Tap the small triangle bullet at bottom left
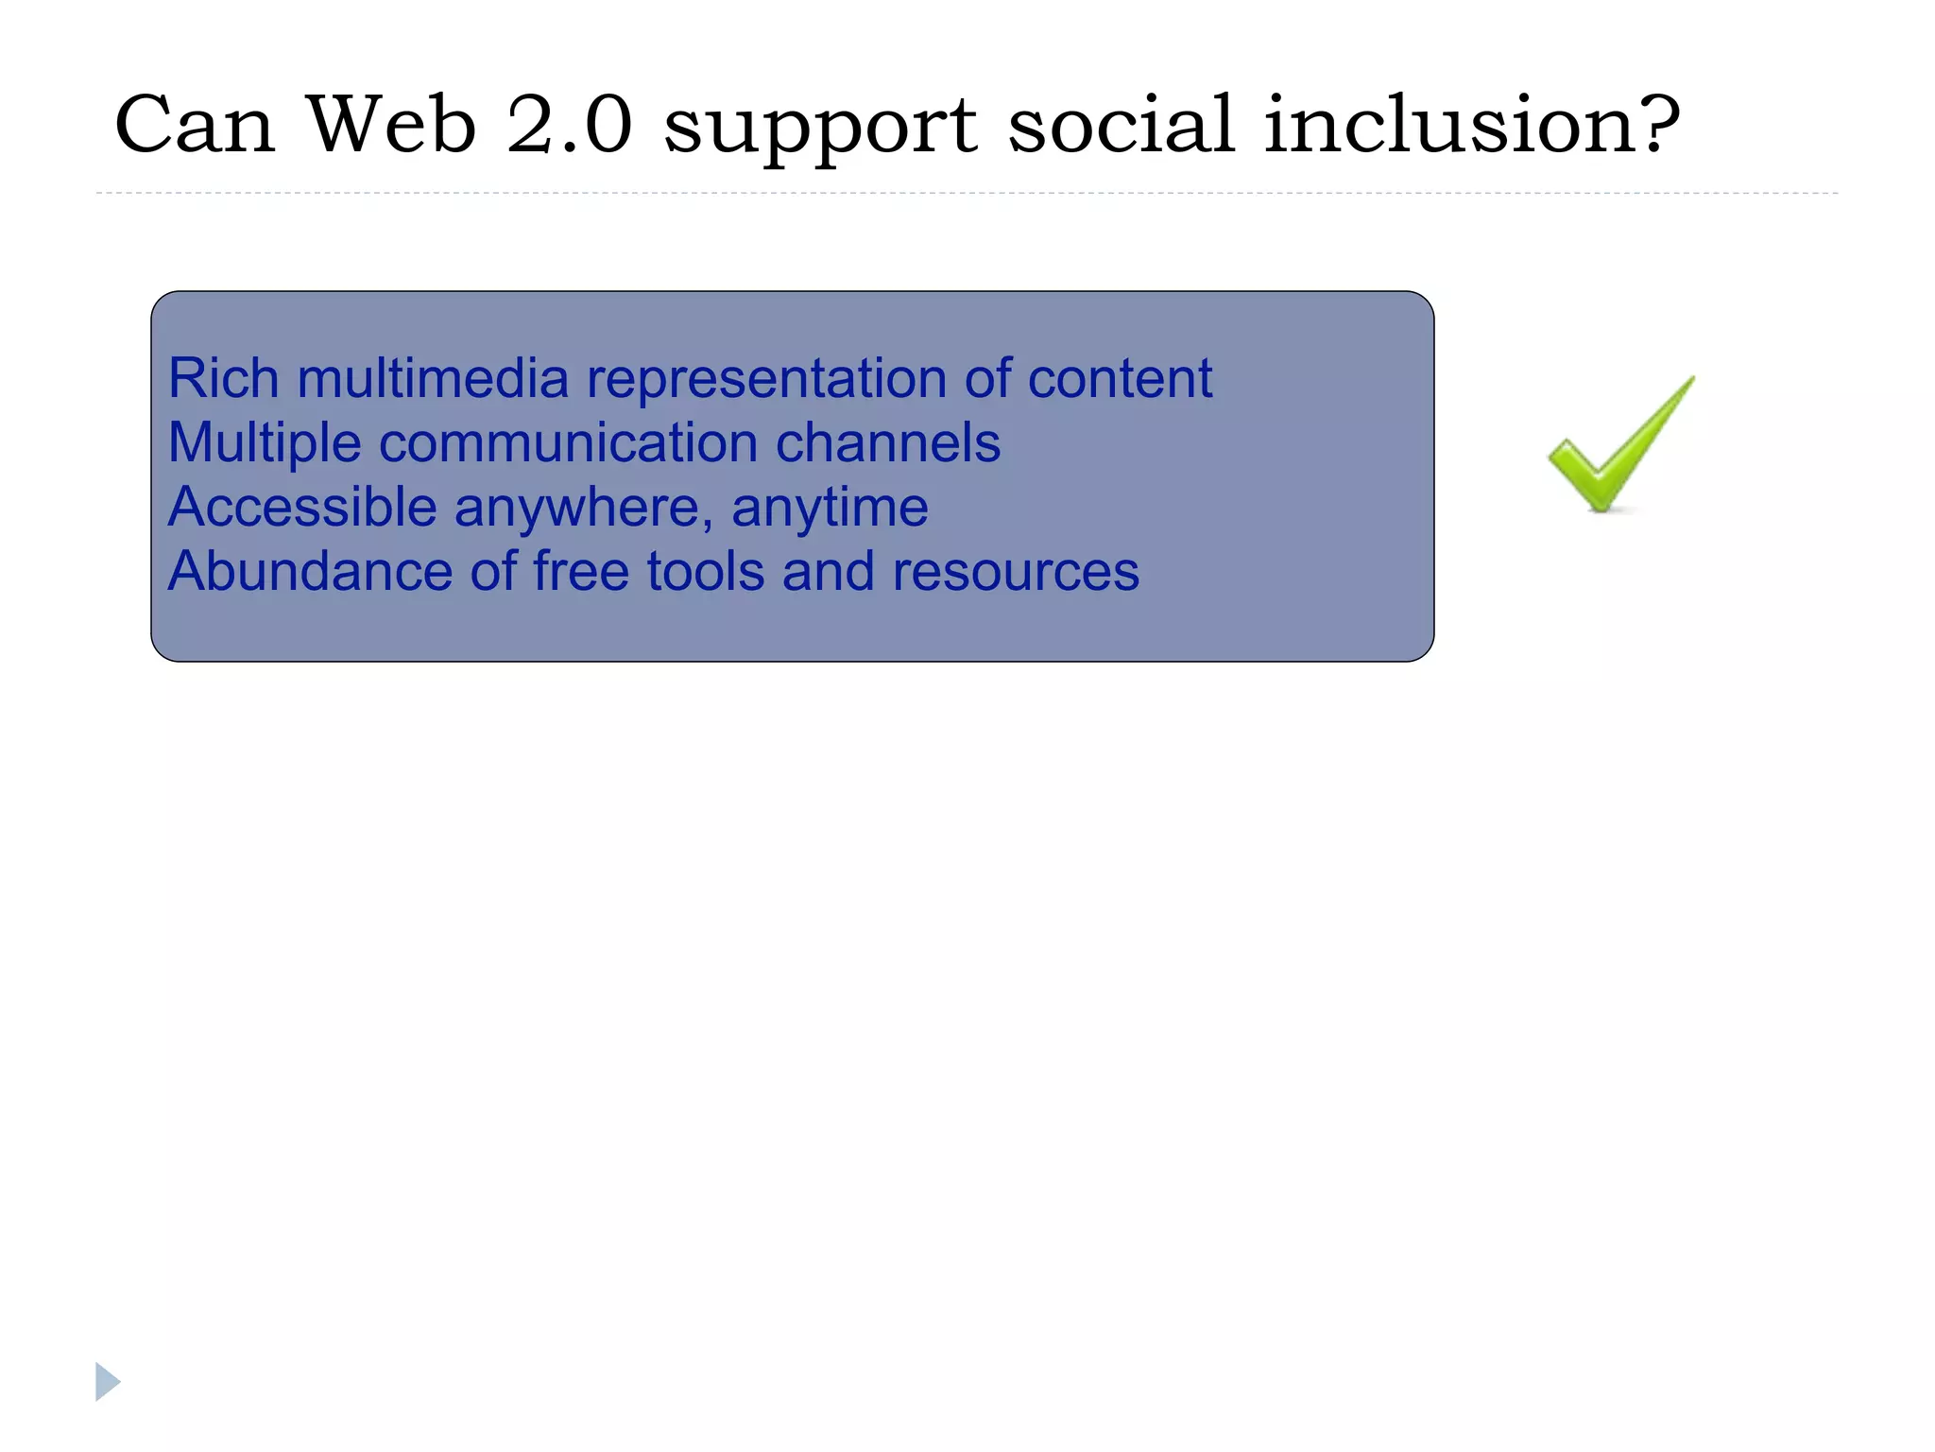(107, 1381)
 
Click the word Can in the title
(195, 125)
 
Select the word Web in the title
(391, 125)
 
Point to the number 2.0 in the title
(569, 125)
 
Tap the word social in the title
(1121, 125)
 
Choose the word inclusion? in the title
(1471, 125)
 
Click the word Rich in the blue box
(224, 378)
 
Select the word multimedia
(433, 378)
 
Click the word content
(1119, 378)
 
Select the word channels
(887, 442)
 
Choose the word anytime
(830, 509)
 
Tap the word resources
(1015, 573)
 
